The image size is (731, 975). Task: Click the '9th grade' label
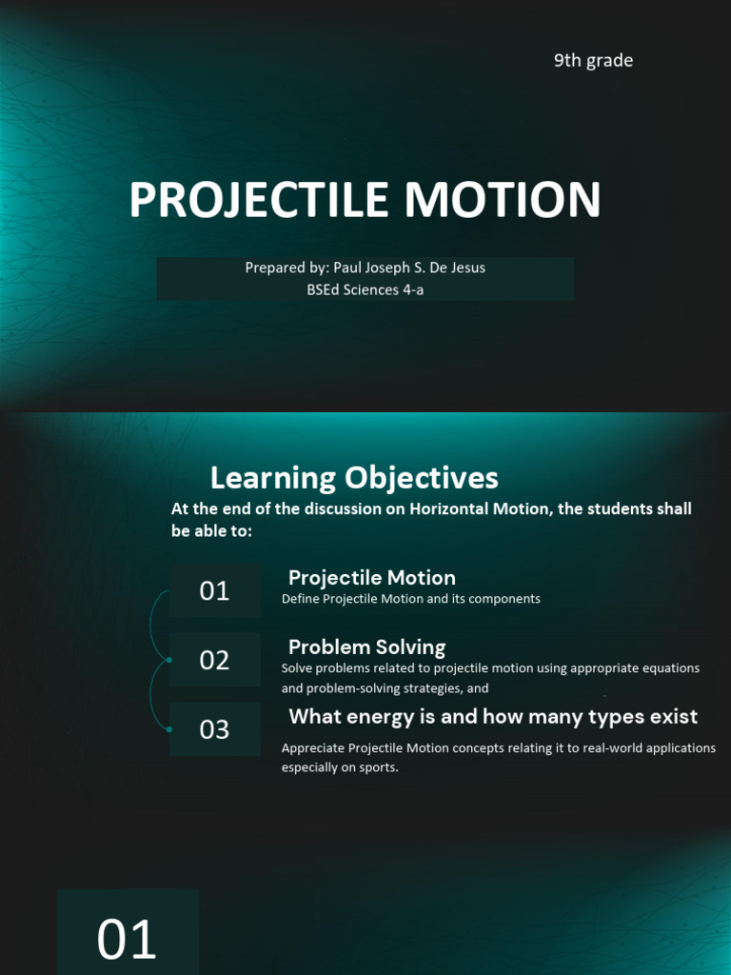pos(593,61)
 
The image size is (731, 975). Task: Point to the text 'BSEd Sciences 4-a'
pos(365,289)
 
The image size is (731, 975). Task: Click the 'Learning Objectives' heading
pos(354,477)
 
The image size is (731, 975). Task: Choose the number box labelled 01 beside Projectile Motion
pos(214,590)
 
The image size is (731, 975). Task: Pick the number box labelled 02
pos(214,660)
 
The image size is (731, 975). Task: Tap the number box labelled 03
pos(214,729)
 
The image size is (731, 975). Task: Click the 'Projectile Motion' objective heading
pos(371,578)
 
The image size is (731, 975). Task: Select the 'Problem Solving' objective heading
pos(366,647)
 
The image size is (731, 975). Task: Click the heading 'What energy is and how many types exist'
pos(493,717)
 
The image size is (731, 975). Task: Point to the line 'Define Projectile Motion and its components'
pos(410,599)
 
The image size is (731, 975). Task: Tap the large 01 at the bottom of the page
pos(127,940)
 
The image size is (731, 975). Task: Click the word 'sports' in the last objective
pos(376,767)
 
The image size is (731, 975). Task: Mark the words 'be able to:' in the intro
pos(211,531)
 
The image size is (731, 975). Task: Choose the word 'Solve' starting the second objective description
pos(297,668)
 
